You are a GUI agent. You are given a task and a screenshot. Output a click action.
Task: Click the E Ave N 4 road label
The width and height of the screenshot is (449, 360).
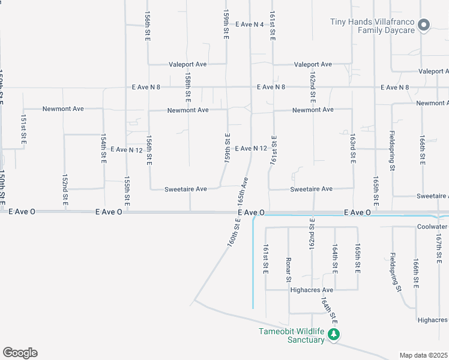[x=250, y=25]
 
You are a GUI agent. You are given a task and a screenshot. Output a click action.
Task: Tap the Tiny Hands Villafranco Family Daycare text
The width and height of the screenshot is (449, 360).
[x=373, y=26]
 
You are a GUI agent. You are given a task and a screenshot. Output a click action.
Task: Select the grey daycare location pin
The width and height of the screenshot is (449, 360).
[x=424, y=25]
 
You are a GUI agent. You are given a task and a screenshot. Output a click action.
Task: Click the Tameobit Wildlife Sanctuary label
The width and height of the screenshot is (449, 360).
[x=291, y=336]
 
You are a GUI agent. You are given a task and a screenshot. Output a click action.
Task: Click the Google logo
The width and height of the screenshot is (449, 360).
[x=20, y=353]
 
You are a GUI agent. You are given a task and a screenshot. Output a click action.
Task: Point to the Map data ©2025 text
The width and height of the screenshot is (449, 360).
[x=423, y=355]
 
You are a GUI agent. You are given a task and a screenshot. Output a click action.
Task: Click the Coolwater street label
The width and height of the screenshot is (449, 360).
[x=433, y=227]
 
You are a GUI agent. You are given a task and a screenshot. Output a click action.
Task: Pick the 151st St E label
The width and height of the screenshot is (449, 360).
[x=24, y=127]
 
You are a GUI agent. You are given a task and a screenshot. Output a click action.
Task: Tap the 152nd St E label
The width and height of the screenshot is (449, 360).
[x=65, y=190]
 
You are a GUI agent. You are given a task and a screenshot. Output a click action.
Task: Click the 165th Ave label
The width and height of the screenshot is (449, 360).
[x=244, y=190]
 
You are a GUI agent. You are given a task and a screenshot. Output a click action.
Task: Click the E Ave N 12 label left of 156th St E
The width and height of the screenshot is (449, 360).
[x=126, y=149]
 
